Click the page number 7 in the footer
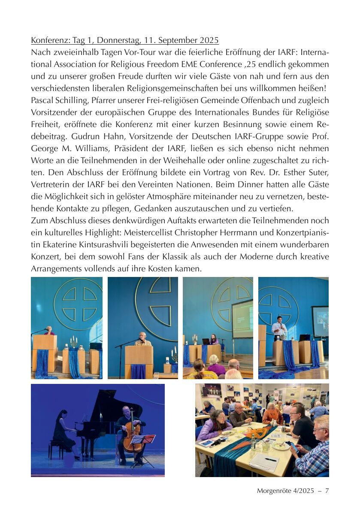pos(327,491)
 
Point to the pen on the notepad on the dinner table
pos(271,459)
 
